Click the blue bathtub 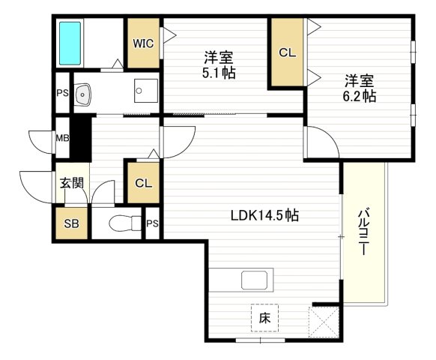pos(70,44)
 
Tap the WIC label pos(144,43)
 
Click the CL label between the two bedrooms pos(287,52)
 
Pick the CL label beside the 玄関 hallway pos(144,182)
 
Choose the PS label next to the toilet pos(153,223)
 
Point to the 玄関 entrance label pos(71,181)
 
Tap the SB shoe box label pos(70,223)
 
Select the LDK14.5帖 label pos(264,215)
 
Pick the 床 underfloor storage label pos(264,317)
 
